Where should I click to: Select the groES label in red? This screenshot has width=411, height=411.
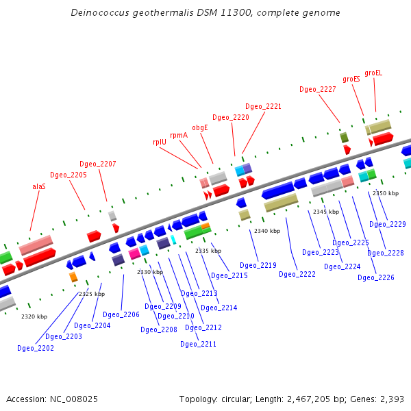pos(351,79)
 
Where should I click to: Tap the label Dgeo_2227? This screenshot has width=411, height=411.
pos(318,89)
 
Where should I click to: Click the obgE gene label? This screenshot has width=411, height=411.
pos(199,127)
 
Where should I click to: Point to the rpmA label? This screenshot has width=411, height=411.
pos(179,135)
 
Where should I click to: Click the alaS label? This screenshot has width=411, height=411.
pos(39,186)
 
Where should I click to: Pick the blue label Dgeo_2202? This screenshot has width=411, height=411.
pos(35,348)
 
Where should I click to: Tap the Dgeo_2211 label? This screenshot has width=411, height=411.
pos(198,344)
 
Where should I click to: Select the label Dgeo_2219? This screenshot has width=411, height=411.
pos(258,265)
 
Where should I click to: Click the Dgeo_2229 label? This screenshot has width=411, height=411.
pos(388,224)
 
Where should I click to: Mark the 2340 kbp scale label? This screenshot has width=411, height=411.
pos(267,231)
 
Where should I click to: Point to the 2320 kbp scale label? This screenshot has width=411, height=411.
pos(34,316)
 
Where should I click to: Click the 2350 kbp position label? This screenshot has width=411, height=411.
pos(386,193)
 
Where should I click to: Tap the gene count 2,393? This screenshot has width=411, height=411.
pos(391,399)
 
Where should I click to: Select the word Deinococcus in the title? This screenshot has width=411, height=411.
pos(97,13)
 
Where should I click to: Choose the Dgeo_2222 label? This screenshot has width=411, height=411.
pos(297,274)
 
